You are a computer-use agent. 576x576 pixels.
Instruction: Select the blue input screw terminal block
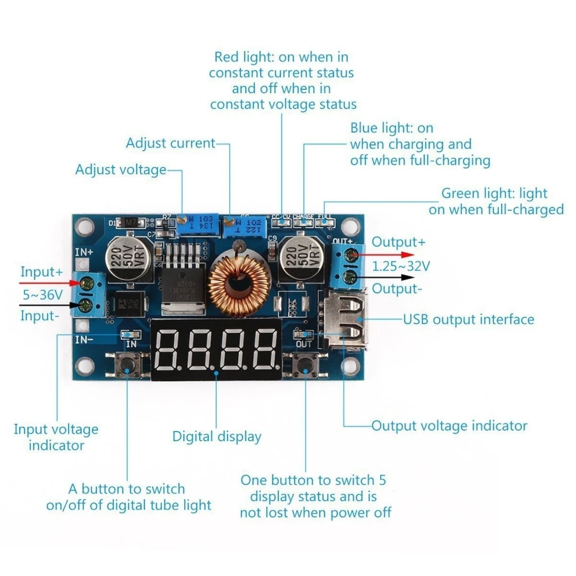[90, 294]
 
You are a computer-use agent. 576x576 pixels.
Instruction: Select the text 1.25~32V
[400, 266]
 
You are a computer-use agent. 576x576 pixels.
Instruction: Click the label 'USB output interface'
[468, 319]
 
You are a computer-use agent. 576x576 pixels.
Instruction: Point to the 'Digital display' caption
[217, 437]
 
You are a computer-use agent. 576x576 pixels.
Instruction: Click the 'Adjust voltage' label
[120, 170]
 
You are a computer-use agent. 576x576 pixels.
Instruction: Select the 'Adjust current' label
[170, 143]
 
